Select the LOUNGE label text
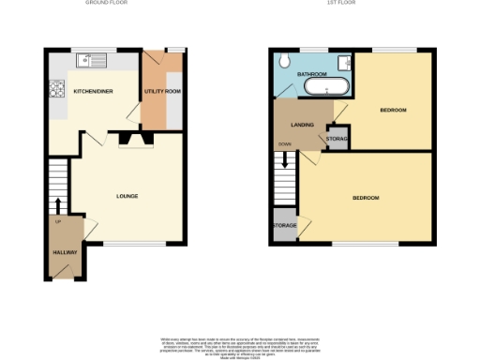tap(127, 196)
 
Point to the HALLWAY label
tap(64, 252)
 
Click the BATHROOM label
tap(311, 73)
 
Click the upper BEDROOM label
tap(393, 111)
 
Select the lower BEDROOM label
tap(366, 198)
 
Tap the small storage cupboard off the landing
tap(337, 139)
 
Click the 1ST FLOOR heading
tap(338, 4)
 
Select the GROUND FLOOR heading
tap(105, 4)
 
